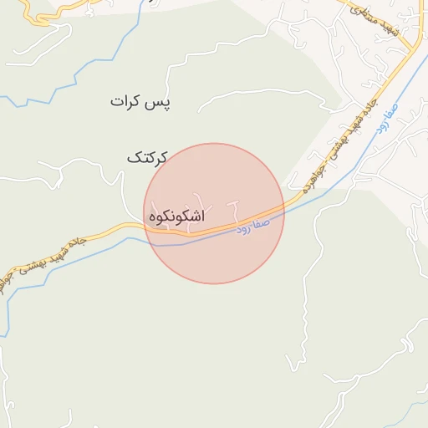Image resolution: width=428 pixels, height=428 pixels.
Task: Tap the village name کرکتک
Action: point(147,157)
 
